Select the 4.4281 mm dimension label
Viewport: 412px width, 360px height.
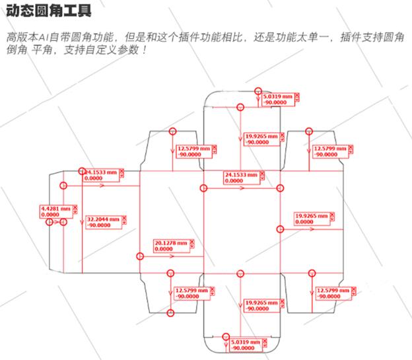(x=55, y=211)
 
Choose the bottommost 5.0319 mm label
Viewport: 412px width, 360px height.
(x=248, y=344)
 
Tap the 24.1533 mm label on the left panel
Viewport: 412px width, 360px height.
(x=101, y=175)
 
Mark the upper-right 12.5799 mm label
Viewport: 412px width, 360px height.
(x=329, y=151)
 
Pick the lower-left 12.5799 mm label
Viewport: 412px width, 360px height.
(x=191, y=293)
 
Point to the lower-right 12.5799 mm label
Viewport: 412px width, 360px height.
(x=333, y=293)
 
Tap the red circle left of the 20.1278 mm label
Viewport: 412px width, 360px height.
(x=139, y=256)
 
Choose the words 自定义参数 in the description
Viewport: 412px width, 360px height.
(x=112, y=51)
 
